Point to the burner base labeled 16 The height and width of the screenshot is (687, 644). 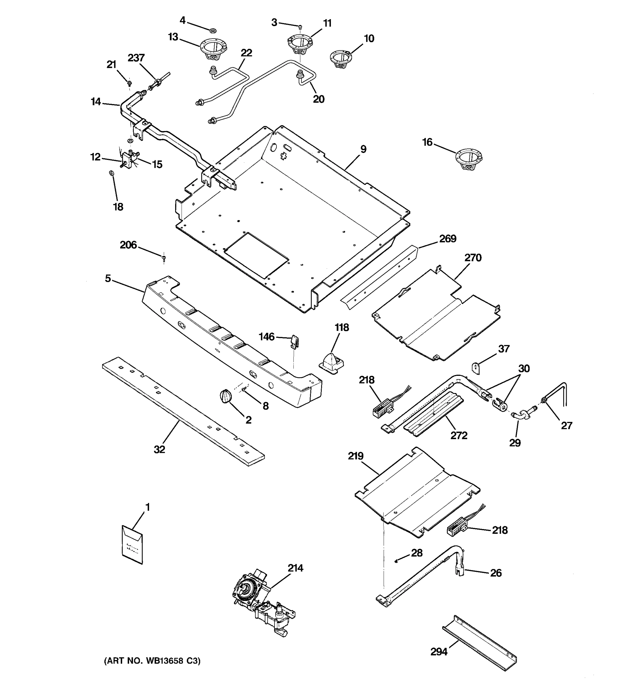click(469, 159)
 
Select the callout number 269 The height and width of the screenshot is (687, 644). click(448, 239)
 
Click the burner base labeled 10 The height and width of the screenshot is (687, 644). click(340, 59)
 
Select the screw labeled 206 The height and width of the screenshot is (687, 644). click(164, 257)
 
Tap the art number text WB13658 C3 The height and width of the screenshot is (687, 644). click(152, 661)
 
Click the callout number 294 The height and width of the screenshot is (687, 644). click(439, 652)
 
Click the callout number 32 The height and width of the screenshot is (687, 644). click(159, 450)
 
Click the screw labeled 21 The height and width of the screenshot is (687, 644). click(129, 83)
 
